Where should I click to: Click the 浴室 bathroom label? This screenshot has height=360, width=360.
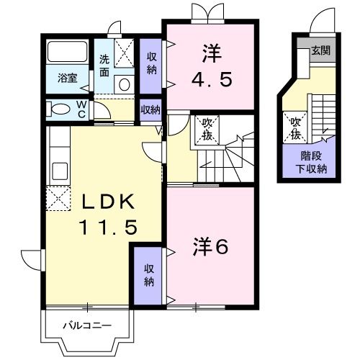click(x=68, y=78)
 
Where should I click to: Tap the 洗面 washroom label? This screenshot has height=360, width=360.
click(x=105, y=66)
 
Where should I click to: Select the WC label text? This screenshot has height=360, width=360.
click(x=81, y=109)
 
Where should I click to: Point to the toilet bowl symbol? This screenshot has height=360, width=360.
click(x=56, y=109)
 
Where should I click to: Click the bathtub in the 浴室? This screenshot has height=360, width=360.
click(x=67, y=54)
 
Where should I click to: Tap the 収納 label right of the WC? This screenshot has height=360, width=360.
click(x=150, y=110)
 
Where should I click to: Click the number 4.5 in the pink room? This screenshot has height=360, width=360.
click(x=210, y=78)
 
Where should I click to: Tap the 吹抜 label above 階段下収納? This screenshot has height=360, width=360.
click(x=296, y=127)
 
